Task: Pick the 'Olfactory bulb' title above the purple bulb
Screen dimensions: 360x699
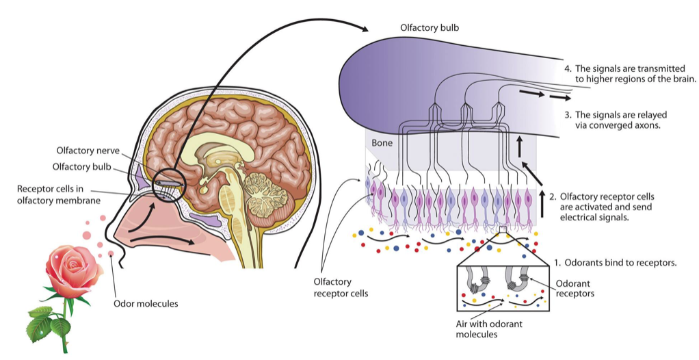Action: (x=429, y=28)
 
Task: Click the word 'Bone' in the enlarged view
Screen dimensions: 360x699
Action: (x=382, y=143)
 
